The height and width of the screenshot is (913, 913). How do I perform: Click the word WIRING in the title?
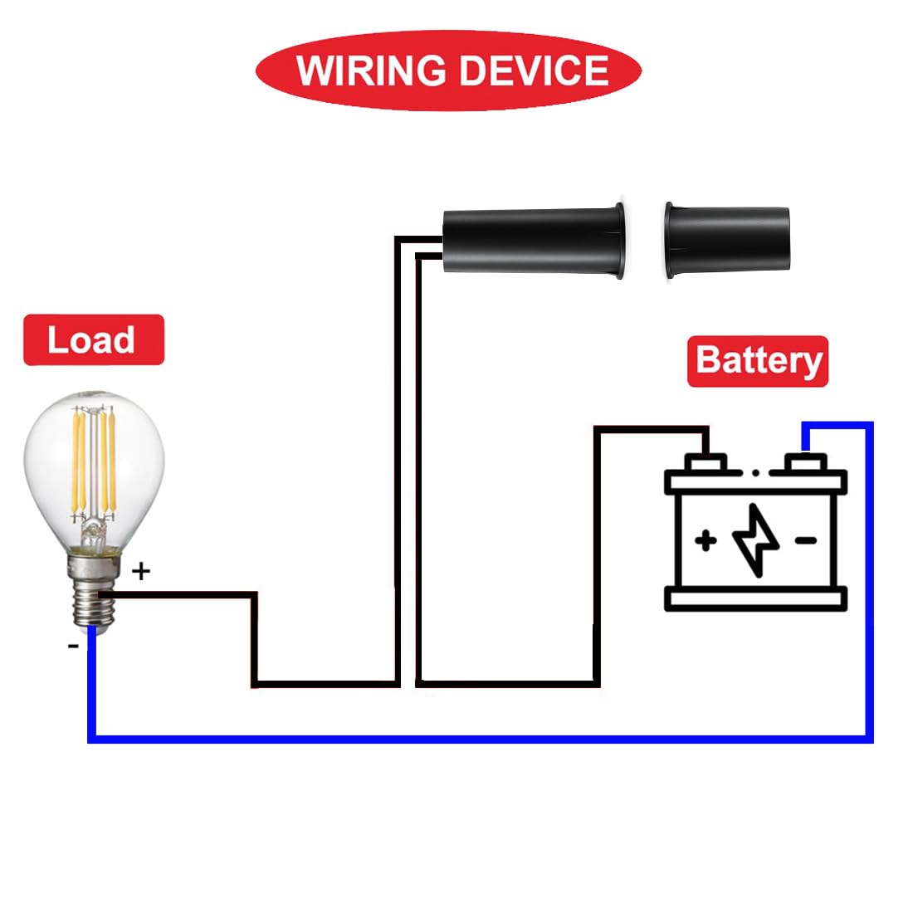(x=371, y=71)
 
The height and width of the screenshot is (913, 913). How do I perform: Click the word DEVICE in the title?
(x=534, y=71)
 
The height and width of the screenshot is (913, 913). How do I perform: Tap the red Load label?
(x=94, y=340)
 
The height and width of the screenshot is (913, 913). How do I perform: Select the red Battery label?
(x=758, y=361)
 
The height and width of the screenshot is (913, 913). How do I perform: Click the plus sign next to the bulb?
(x=141, y=571)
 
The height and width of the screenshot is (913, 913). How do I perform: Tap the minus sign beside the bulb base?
(x=73, y=646)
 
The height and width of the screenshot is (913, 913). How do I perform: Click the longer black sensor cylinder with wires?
(x=534, y=241)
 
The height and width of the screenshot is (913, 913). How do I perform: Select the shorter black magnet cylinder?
(x=727, y=240)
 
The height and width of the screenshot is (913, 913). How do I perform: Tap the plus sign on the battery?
(x=706, y=540)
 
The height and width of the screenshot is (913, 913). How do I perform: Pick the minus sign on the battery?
(x=806, y=541)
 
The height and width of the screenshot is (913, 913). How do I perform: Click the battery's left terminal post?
(x=705, y=463)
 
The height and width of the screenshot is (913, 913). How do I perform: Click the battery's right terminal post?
(x=806, y=463)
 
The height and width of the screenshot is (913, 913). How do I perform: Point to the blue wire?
(x=481, y=740)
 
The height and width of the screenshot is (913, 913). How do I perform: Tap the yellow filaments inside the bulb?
(x=93, y=463)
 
